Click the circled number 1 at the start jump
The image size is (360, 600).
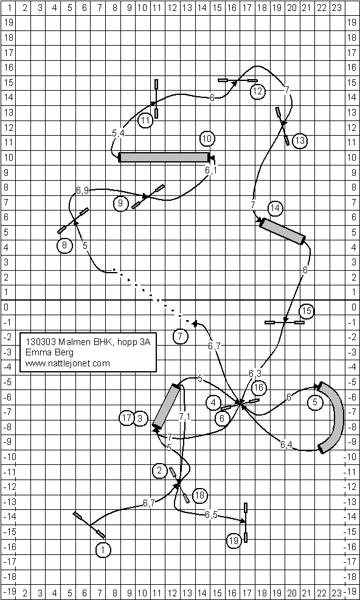(103, 550)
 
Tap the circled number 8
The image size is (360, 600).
(64, 245)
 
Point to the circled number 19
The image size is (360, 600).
(234, 541)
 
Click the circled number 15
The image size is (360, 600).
(306, 312)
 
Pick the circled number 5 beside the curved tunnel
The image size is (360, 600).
(315, 402)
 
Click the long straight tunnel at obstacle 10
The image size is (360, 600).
(164, 157)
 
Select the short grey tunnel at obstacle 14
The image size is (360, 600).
(282, 231)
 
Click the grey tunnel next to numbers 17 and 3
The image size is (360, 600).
(167, 406)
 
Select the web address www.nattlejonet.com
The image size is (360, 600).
(67, 363)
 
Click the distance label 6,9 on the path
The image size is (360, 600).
(82, 190)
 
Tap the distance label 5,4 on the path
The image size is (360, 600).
(118, 133)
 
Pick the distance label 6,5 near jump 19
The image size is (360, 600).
(211, 515)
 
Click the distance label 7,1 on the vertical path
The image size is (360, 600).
(184, 417)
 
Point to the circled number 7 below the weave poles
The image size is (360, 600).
(181, 337)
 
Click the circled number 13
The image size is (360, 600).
(300, 141)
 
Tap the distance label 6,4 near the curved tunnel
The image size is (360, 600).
(286, 444)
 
